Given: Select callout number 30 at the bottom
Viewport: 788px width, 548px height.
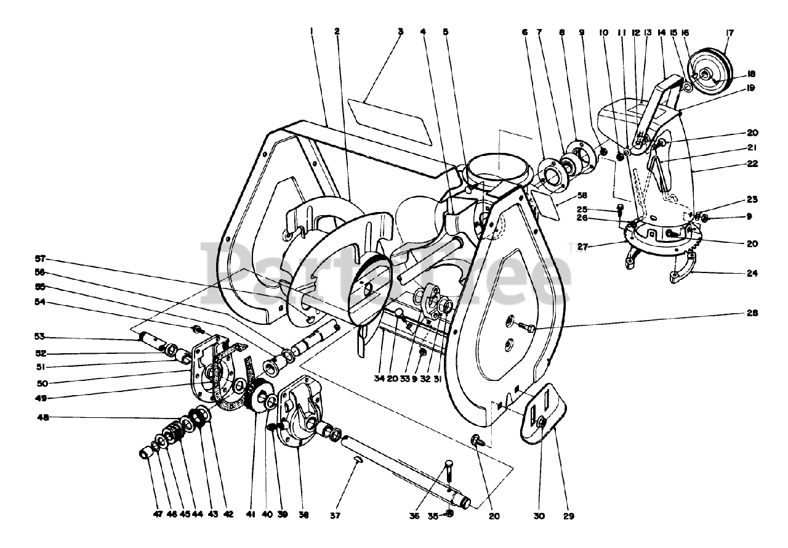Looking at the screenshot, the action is [x=542, y=515].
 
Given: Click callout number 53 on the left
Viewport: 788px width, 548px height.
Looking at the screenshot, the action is [x=40, y=336].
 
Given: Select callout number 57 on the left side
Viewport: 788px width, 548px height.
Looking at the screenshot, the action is [x=40, y=259].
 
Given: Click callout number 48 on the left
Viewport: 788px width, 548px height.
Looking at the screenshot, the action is [x=40, y=417].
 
